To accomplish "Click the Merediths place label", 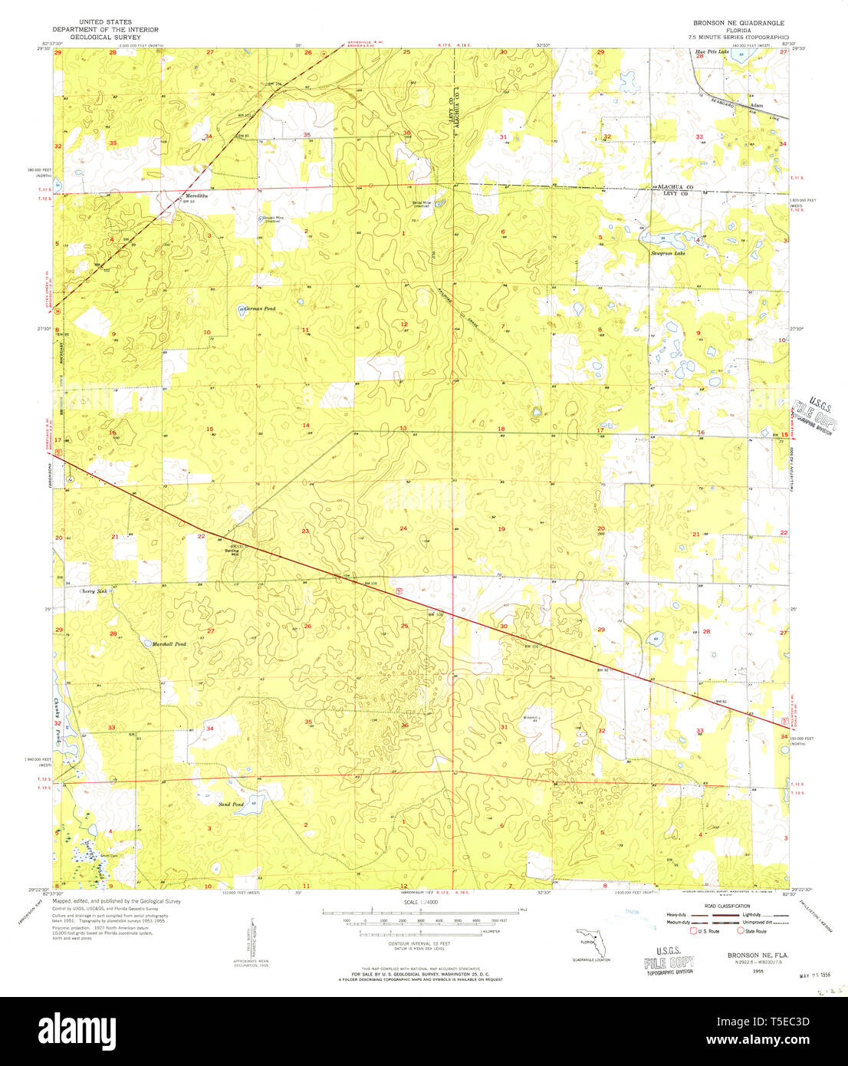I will pos(196,196).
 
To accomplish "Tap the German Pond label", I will pos(260,308).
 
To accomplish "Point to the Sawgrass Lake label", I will pos(668,252).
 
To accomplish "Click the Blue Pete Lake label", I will pos(712,52).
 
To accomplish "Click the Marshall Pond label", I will pos(169,644).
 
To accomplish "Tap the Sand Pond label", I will pos(231,804).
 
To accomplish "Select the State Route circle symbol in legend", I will pos(741,931).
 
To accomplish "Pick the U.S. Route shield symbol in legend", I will pos(694,931).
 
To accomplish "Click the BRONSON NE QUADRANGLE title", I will pos(738,23).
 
